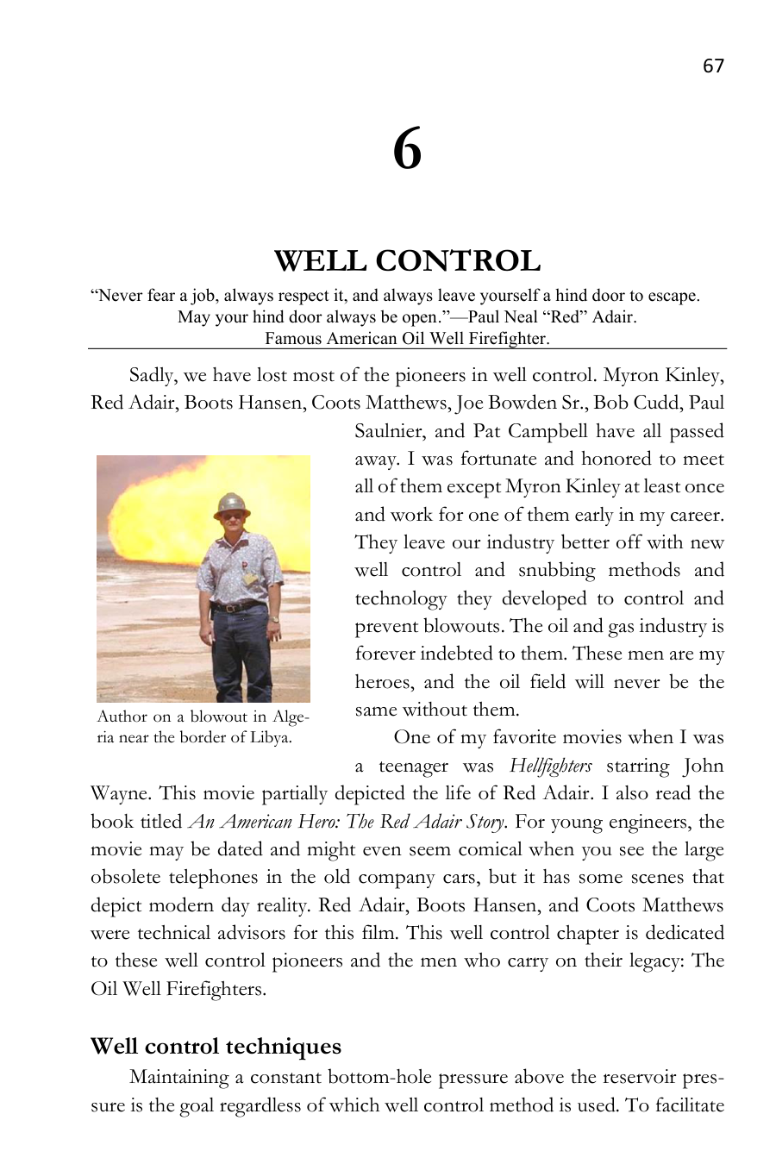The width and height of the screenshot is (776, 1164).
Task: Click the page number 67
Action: (713, 66)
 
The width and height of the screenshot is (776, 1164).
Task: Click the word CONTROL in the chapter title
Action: (458, 260)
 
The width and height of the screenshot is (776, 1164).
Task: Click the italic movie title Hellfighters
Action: (550, 766)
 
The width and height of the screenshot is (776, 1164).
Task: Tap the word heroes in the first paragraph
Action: (383, 682)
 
